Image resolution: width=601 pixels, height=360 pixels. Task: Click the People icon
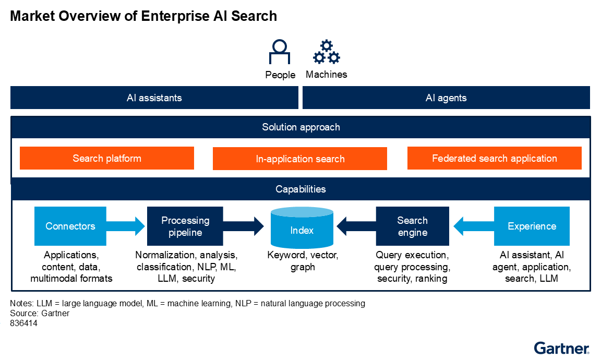(x=280, y=52)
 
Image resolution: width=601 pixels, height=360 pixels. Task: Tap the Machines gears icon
(x=326, y=52)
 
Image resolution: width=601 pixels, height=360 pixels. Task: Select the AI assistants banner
(x=154, y=98)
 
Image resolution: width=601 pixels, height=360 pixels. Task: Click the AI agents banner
(x=446, y=98)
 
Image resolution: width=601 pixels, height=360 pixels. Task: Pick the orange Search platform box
(x=107, y=158)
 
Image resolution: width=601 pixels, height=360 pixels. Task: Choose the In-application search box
(x=300, y=159)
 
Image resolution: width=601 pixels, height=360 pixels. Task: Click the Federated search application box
(x=494, y=158)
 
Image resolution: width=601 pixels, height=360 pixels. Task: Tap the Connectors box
(x=70, y=226)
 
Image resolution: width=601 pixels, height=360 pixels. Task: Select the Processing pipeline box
(x=185, y=226)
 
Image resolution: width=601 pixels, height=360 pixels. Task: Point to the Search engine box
(x=412, y=226)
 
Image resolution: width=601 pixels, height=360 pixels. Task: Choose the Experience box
(x=532, y=226)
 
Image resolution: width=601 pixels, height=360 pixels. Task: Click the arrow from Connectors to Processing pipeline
(x=127, y=226)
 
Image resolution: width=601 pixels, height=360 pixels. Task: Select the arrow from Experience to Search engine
(x=472, y=226)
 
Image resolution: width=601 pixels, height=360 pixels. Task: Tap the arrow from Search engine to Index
(x=356, y=226)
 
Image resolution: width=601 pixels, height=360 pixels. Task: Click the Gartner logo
(x=561, y=347)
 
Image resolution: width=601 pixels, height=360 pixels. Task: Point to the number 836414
(x=23, y=323)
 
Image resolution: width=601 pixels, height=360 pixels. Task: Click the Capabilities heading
(x=300, y=189)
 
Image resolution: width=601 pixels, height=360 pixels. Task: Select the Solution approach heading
(x=300, y=127)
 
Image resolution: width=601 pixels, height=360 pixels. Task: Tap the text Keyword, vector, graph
(x=303, y=261)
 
